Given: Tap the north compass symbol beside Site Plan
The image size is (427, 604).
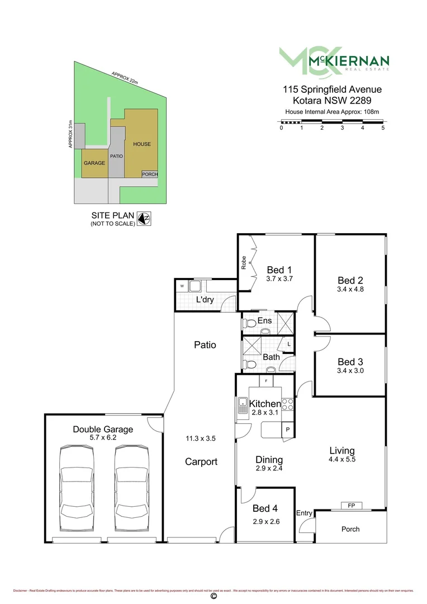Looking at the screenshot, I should point(144,218).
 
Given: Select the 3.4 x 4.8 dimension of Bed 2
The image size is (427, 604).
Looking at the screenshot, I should point(350,290).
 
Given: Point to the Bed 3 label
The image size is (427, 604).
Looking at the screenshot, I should point(350,361).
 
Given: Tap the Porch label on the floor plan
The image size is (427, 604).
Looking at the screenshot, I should point(350,529).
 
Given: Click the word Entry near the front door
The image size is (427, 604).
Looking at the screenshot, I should point(304,513).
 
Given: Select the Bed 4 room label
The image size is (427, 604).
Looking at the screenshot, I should point(265,508).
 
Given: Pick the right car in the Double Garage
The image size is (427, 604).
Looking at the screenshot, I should point(132,483).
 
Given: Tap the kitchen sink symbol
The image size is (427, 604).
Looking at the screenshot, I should point(243,405).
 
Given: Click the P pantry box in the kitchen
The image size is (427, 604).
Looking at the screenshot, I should point(287,429).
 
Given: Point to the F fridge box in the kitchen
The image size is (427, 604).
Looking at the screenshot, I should point(266,381).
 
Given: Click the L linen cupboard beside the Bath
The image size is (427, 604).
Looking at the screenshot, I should point(288,344).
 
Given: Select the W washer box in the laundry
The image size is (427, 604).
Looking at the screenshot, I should point(182,286).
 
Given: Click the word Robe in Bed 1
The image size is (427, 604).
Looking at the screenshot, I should point(244,263).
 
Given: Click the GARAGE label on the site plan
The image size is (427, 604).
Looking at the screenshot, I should point(94,163).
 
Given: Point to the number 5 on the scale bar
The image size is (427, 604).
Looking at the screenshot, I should point(383,128).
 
